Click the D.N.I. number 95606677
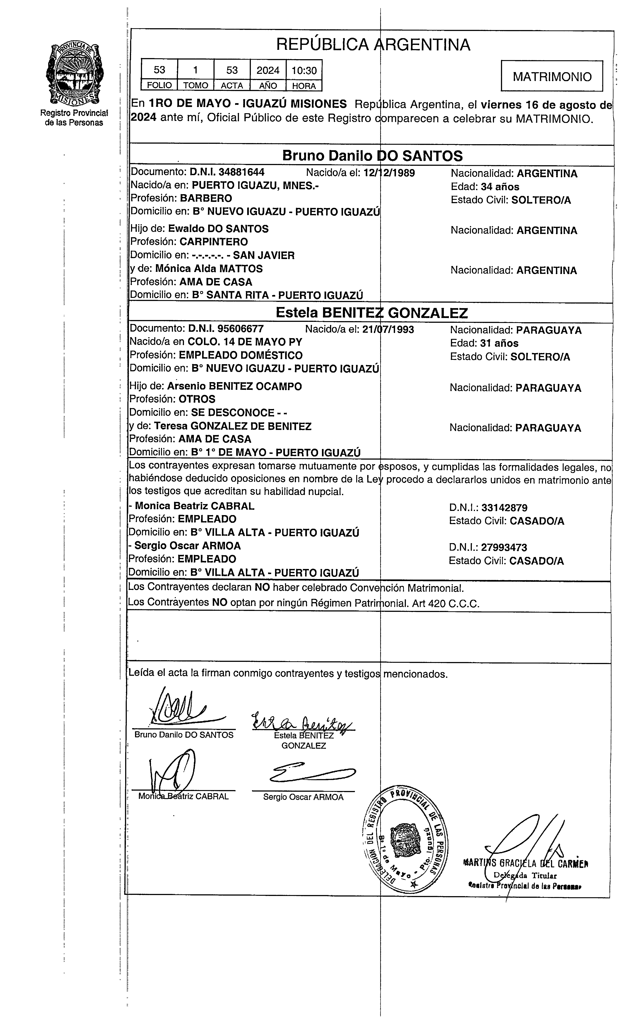240,329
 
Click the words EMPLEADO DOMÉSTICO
240,355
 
